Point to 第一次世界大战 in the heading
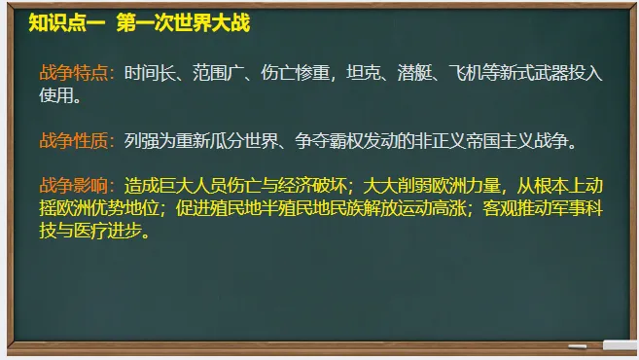pos(183,22)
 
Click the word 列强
pos(141,141)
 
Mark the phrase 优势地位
pos(116,209)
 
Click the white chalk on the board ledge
pos(619,344)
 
